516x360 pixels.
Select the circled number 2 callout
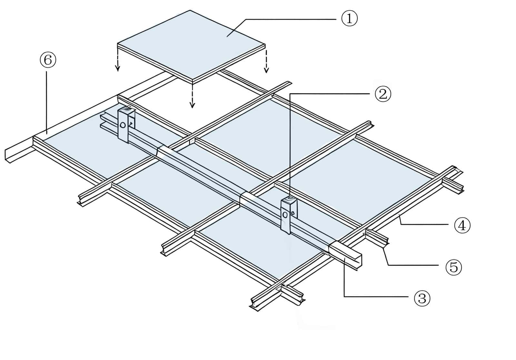pyautogui.click(x=383, y=94)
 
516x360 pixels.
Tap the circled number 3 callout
pyautogui.click(x=422, y=298)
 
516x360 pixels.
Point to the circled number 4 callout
pyautogui.click(x=462, y=225)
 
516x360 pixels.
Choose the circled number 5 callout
pyautogui.click(x=453, y=267)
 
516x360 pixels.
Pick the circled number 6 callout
pyautogui.click(x=48, y=60)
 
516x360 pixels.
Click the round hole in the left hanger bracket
pyautogui.click(x=123, y=125)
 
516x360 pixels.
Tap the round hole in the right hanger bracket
pyautogui.click(x=285, y=215)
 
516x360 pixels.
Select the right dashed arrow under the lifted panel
pyautogui.click(x=266, y=61)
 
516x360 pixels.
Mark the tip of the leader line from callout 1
pyautogui.click(x=227, y=37)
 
